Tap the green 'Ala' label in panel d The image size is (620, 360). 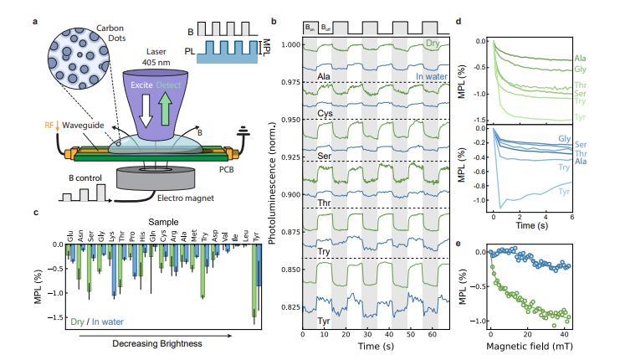click(x=580, y=58)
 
